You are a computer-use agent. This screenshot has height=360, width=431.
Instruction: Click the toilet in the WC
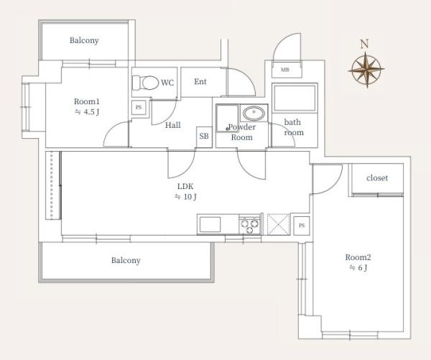tap(146, 83)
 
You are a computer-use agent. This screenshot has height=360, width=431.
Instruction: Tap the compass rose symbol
tap(366, 69)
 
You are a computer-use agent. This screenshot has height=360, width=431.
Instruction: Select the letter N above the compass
tap(364, 44)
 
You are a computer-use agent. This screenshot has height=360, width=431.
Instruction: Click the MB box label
tap(285, 70)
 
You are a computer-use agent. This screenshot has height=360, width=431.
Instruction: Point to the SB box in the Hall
tap(204, 137)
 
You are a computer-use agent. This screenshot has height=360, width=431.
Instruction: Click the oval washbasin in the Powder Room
tap(254, 113)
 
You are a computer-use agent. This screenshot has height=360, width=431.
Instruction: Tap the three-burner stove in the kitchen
tap(249, 225)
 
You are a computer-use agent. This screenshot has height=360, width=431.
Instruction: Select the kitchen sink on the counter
tap(210, 224)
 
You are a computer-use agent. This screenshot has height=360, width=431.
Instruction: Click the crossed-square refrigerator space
tap(279, 224)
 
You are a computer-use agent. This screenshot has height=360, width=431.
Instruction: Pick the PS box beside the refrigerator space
tap(302, 226)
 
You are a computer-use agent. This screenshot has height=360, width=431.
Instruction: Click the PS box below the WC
tap(139, 107)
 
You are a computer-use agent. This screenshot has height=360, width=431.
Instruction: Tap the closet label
tap(377, 178)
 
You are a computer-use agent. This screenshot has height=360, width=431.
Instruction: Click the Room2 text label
tap(358, 257)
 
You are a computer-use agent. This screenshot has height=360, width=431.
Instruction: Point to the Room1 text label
tap(87, 101)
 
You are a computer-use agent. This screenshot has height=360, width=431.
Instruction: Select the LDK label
tap(185, 186)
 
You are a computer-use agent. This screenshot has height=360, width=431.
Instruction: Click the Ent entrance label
tap(200, 82)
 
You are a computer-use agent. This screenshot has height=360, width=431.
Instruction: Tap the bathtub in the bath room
tap(295, 98)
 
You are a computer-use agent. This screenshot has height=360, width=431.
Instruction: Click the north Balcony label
tap(84, 41)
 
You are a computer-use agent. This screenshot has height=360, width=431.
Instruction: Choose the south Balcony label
tap(126, 260)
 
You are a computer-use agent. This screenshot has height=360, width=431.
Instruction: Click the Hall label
tap(173, 126)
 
